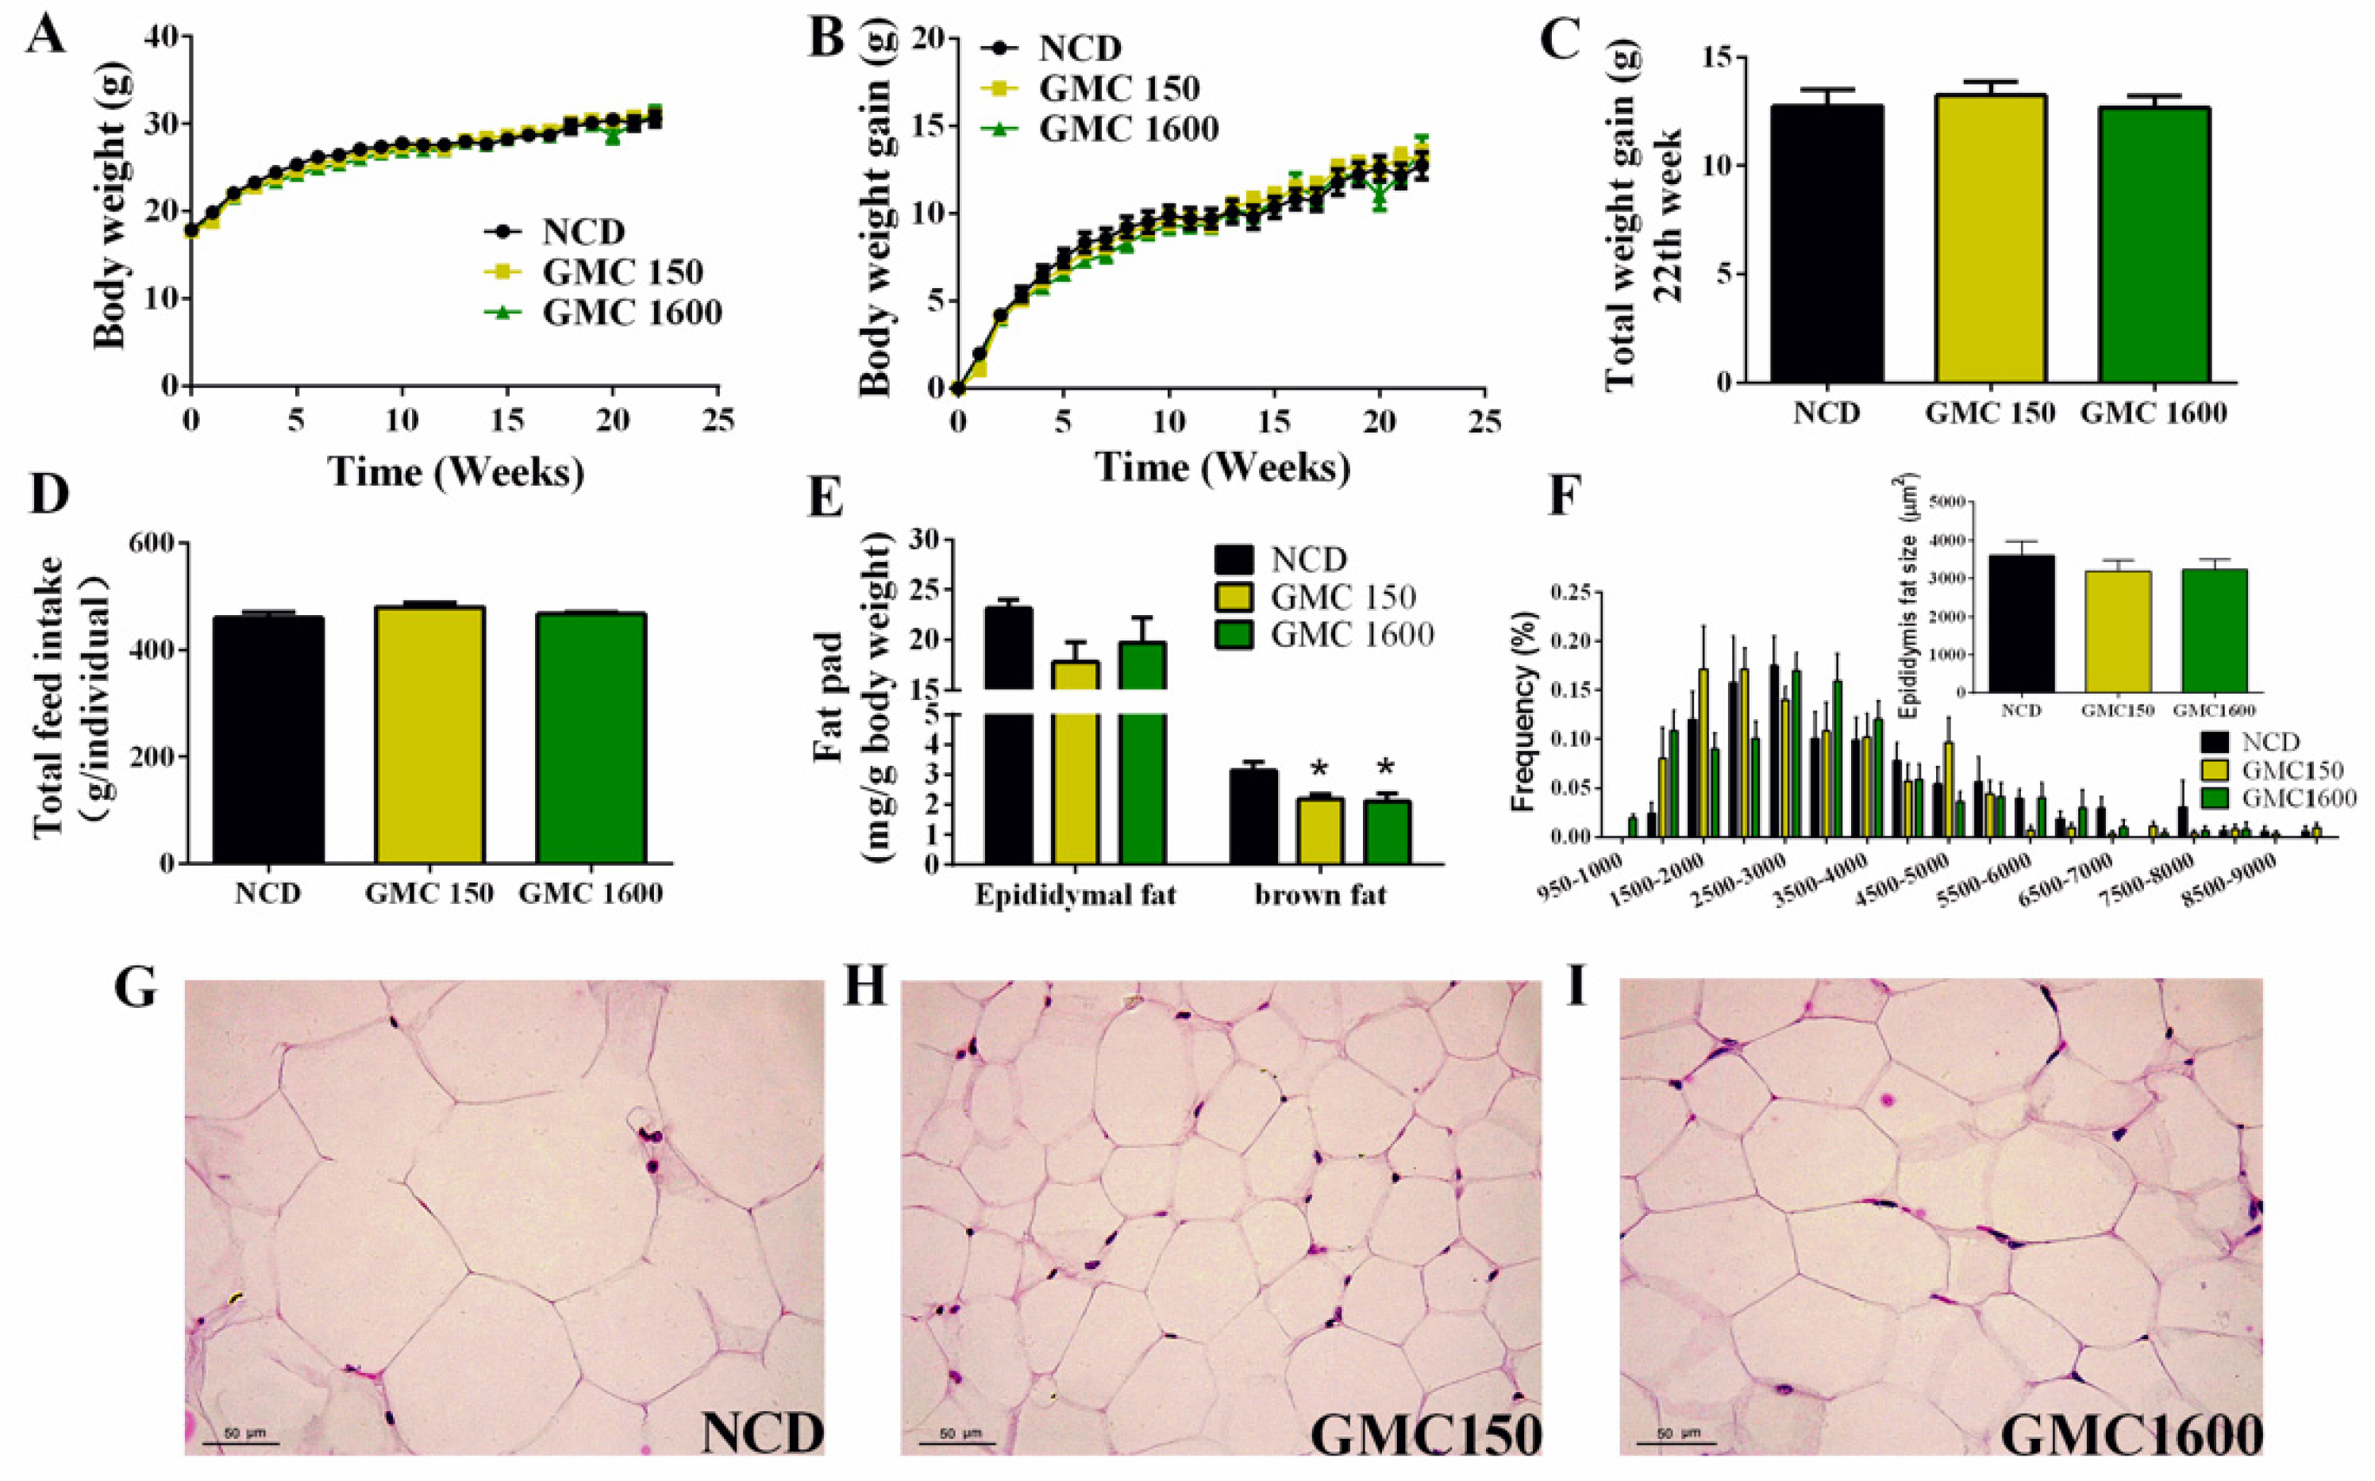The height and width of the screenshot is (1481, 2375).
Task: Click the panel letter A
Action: click(46, 37)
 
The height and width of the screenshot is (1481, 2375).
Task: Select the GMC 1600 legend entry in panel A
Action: click(631, 313)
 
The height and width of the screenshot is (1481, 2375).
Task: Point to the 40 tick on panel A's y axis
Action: click(162, 37)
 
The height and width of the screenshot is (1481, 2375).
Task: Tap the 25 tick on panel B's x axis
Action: click(1484, 422)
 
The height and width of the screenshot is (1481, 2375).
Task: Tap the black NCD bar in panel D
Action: click(268, 739)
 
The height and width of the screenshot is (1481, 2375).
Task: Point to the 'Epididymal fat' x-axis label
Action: click(1074, 895)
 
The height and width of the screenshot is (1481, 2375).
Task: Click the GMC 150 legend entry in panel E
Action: click(1341, 598)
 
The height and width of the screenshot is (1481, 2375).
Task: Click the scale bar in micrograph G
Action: click(241, 1443)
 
